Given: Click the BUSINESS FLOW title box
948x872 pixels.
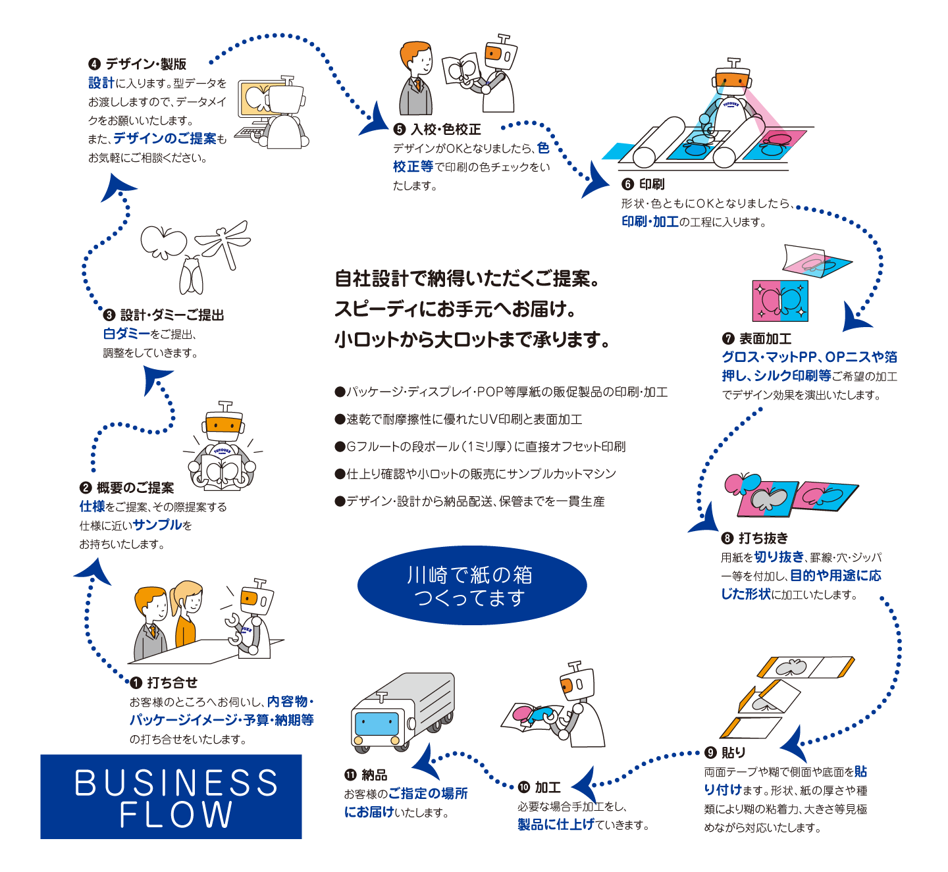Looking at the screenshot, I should (171, 796).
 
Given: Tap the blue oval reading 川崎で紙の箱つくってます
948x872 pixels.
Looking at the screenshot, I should (471, 585).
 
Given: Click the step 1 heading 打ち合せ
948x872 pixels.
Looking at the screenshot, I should (171, 683).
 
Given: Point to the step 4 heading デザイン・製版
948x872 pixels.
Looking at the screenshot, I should (145, 64).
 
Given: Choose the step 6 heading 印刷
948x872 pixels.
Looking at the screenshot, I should (651, 184).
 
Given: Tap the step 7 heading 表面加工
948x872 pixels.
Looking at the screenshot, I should (764, 339).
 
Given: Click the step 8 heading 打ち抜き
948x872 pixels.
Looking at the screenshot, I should (762, 538).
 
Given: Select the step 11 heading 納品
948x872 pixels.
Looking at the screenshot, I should (374, 775).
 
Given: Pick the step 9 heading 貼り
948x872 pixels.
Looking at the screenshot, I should (733, 753).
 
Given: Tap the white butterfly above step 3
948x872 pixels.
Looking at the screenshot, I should (163, 241).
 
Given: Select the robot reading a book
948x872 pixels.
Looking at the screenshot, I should (222, 448).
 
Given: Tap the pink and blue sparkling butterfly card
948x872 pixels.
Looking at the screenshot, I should (780, 300).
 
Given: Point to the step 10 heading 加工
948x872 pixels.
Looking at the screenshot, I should (547, 788).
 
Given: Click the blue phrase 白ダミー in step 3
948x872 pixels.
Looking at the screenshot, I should (126, 334).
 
